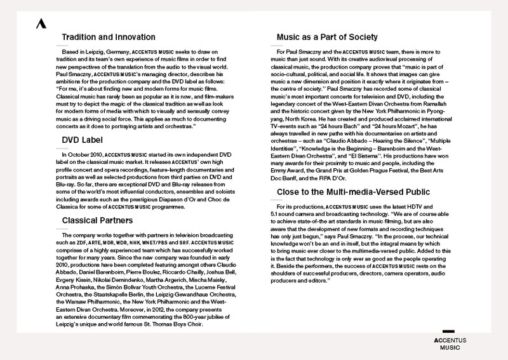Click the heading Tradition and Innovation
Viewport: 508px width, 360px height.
click(109, 37)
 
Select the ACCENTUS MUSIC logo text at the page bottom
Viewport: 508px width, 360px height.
click(450, 343)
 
